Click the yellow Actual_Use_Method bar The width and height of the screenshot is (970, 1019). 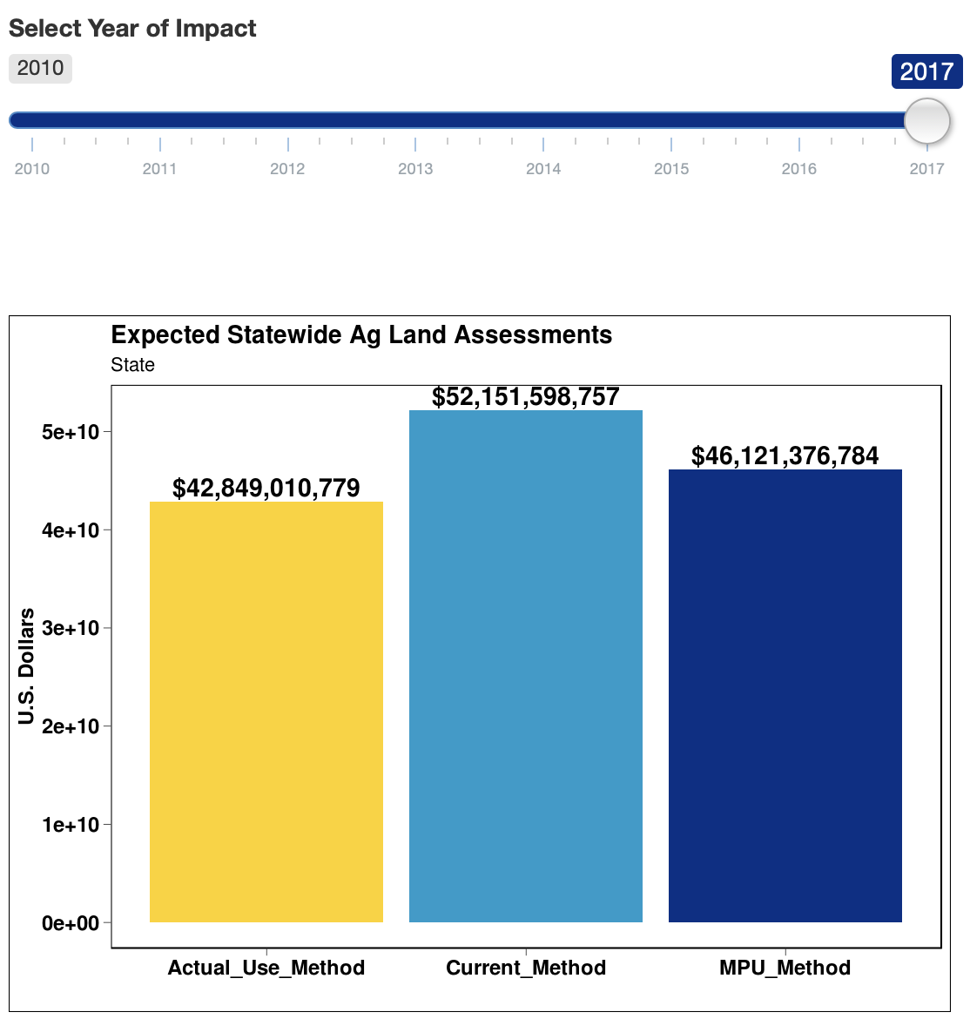coord(266,712)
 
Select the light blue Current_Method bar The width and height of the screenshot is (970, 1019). coord(525,666)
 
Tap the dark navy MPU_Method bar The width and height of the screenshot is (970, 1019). coord(785,696)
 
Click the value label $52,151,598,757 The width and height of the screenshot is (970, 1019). coord(525,397)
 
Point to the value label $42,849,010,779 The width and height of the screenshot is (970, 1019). coord(266,488)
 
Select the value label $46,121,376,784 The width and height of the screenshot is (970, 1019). coord(785,456)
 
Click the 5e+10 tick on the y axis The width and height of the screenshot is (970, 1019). coord(71,432)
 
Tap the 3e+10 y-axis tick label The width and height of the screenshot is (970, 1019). coord(71,628)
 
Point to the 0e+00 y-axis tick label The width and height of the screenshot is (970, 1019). coord(71,923)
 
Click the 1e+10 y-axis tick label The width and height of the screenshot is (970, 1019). coord(71,825)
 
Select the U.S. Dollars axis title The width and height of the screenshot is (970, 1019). coord(26,666)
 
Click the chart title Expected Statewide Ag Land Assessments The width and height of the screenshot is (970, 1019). coord(361,335)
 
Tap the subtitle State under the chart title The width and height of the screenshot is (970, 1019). coord(132,365)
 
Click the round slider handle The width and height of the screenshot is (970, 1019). coord(926,120)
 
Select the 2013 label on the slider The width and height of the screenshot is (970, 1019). coord(415,169)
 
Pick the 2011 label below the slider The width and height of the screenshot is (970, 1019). coord(159,169)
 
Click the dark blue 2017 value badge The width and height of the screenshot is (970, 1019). coord(926,71)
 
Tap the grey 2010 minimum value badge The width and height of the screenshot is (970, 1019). coord(40,68)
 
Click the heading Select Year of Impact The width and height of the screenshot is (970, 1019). coord(132,28)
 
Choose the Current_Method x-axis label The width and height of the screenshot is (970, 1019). coord(525,968)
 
